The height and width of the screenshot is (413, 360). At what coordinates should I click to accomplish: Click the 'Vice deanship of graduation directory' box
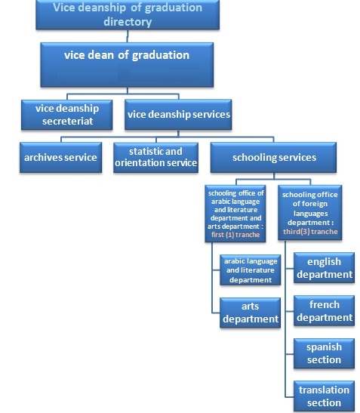point(128,14)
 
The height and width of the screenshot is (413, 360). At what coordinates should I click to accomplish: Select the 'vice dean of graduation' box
point(127,65)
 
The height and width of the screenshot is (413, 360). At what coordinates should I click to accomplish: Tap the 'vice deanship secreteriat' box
point(67,115)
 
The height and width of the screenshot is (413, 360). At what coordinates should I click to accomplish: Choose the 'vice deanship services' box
point(178,115)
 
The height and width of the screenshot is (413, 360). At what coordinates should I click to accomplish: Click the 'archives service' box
point(60,158)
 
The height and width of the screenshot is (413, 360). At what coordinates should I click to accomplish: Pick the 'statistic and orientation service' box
point(156,158)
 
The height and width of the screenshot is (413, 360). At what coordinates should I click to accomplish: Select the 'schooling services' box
point(273,158)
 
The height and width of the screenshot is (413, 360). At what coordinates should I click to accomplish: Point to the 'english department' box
point(325,268)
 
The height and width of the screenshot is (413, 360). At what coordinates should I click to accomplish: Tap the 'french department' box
point(325,311)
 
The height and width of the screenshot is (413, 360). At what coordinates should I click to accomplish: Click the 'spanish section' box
point(325,353)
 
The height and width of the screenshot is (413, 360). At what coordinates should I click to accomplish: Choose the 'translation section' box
point(325,396)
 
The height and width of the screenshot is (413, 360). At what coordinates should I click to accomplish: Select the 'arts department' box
point(250,313)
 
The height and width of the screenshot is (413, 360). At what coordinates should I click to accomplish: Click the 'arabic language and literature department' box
point(250,270)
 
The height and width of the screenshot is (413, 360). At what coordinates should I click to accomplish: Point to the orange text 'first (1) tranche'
point(235,235)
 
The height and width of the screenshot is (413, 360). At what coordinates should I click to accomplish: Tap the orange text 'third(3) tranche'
point(310,232)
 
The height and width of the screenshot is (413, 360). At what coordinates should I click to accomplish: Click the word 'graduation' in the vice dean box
point(161,56)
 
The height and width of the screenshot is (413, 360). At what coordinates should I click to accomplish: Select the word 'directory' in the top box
point(128,22)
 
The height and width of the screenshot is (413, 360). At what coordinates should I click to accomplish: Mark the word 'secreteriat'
point(68,122)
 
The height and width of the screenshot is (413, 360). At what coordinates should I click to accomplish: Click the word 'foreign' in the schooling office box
point(315,204)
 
